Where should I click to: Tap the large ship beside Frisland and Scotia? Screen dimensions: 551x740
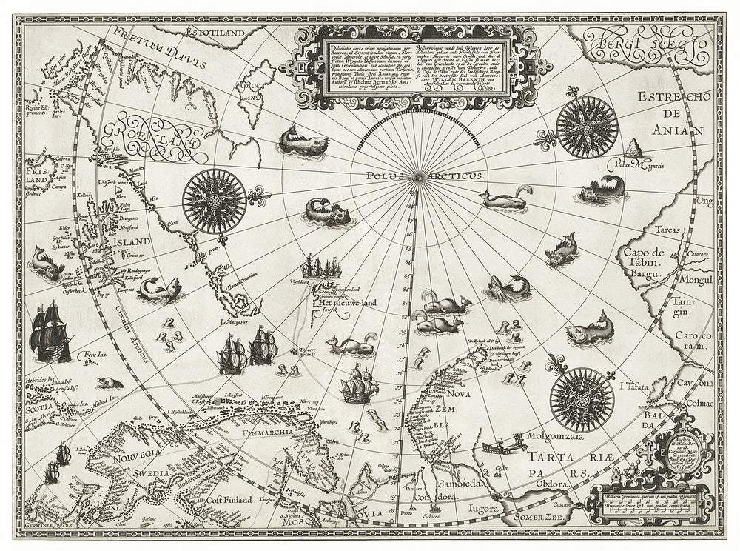50,331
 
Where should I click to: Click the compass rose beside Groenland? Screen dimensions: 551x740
215,197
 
